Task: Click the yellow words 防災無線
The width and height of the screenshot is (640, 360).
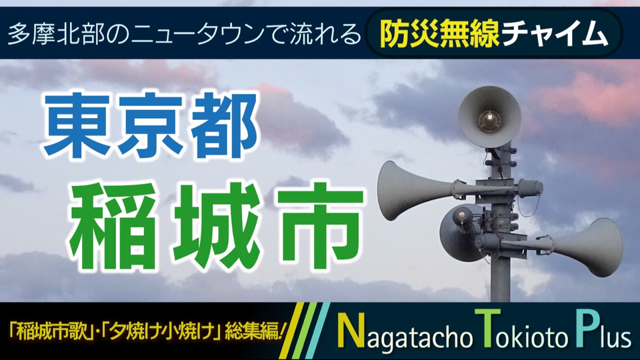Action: (439, 33)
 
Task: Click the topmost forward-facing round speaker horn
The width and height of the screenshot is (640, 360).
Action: (489, 117)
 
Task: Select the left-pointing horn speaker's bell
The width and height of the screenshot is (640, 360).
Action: (396, 191)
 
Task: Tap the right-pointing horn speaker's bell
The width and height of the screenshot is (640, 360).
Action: (603, 247)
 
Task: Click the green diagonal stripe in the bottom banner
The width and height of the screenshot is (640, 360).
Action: (309, 331)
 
